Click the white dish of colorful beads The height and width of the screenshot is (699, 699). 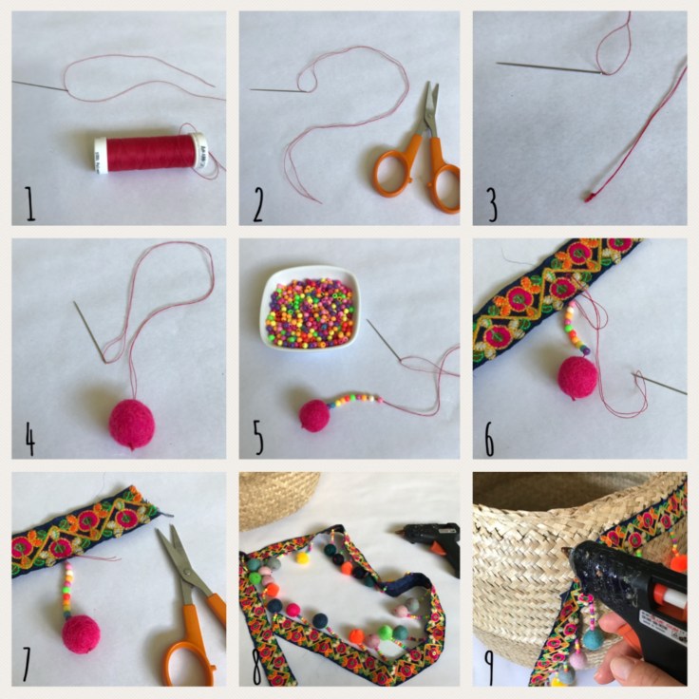[309, 307]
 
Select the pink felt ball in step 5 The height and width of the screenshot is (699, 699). [313, 415]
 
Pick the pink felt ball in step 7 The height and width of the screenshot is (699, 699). [82, 634]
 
